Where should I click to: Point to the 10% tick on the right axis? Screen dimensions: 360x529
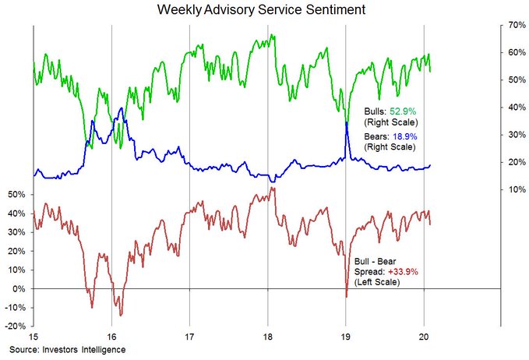(513, 189)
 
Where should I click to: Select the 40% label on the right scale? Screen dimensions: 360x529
(513, 107)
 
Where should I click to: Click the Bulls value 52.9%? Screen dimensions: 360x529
(404, 111)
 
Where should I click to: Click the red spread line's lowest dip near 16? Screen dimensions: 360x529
(120, 314)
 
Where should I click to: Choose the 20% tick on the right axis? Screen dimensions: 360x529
(513, 162)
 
